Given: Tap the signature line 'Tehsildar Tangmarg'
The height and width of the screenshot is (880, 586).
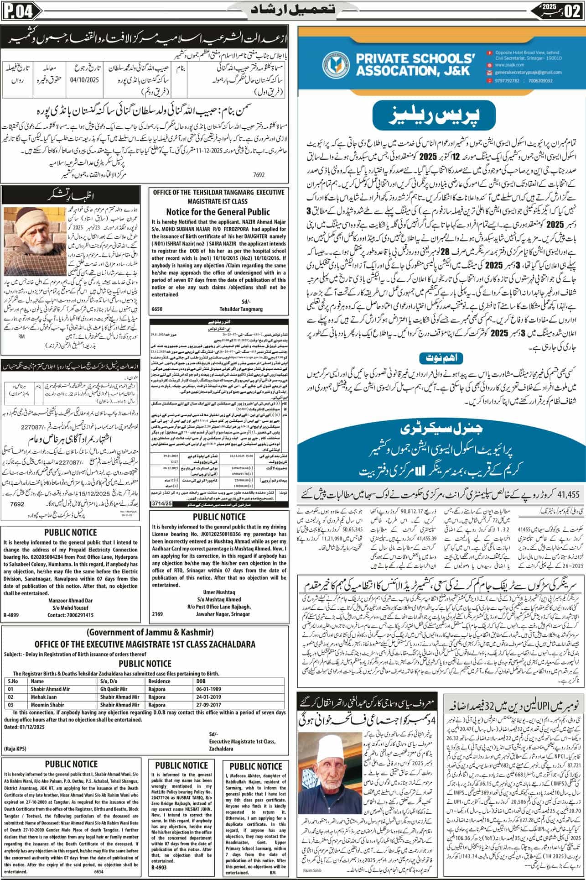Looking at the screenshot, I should [241, 309].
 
